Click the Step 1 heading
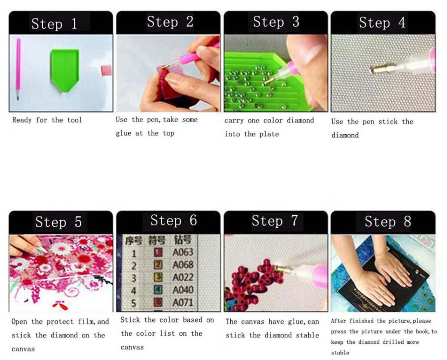[x=54, y=24]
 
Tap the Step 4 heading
[x=382, y=23]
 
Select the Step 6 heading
[x=173, y=220]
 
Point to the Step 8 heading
[x=387, y=222]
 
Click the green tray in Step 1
[x=65, y=70]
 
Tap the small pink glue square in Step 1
[x=107, y=71]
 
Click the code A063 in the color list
[x=183, y=252]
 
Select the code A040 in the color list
[x=183, y=290]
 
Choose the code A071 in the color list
[x=183, y=302]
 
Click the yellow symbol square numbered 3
[x=158, y=277]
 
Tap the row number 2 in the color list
[x=134, y=266]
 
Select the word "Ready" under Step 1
[x=22, y=120]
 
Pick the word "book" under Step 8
[x=421, y=331]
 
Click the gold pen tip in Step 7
[x=283, y=269]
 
